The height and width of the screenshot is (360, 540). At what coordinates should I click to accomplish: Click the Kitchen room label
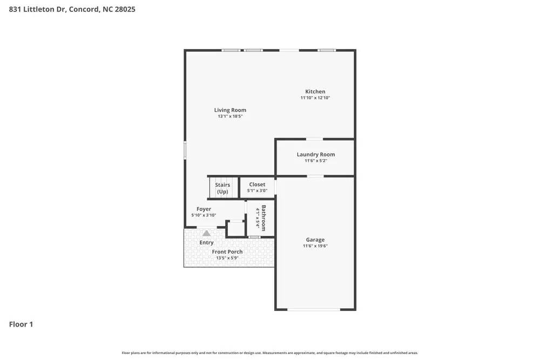point(315,91)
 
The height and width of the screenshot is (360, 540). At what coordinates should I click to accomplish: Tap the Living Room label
point(230,110)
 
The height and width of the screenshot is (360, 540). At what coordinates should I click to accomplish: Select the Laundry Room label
point(315,154)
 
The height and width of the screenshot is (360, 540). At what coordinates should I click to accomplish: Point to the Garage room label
point(315,240)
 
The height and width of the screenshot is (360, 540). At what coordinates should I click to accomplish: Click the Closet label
point(257,185)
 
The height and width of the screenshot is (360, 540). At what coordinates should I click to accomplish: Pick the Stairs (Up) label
point(222,188)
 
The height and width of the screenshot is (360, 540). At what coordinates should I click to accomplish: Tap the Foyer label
point(204,209)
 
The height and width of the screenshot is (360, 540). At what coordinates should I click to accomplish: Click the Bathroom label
point(264,216)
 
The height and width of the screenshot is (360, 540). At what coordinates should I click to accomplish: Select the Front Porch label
point(227,252)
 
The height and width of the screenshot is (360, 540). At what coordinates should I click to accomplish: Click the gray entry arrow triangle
point(206,233)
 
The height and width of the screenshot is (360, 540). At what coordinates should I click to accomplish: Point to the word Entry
point(206,243)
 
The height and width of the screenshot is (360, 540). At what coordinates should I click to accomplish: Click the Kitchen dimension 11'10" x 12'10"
point(315,98)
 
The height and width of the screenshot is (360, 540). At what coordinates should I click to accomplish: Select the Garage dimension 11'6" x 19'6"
point(315,246)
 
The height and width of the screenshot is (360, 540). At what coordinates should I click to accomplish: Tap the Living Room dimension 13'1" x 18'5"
point(230,117)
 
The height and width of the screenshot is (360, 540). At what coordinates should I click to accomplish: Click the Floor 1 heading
point(21,324)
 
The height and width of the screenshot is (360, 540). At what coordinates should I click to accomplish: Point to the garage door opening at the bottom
point(314,309)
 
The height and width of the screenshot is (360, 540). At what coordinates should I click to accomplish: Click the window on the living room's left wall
point(185,150)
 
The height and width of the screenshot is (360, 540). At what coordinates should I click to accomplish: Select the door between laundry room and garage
point(315,176)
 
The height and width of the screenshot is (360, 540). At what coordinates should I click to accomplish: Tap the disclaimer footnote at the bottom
point(269,352)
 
